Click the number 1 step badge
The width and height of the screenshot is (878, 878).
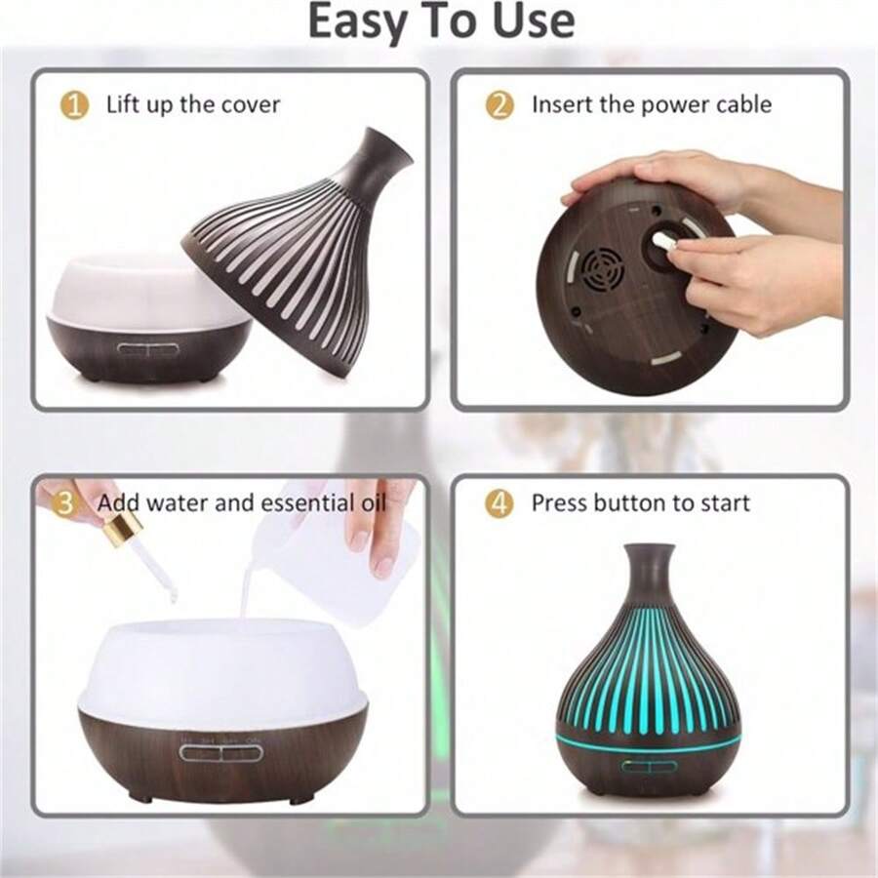74,104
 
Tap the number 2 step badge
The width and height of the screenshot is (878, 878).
499,104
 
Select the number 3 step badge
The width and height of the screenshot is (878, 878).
64,503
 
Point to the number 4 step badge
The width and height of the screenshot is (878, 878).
499,503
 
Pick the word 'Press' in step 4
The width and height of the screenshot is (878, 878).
560,503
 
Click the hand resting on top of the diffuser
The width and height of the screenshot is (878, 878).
663,176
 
